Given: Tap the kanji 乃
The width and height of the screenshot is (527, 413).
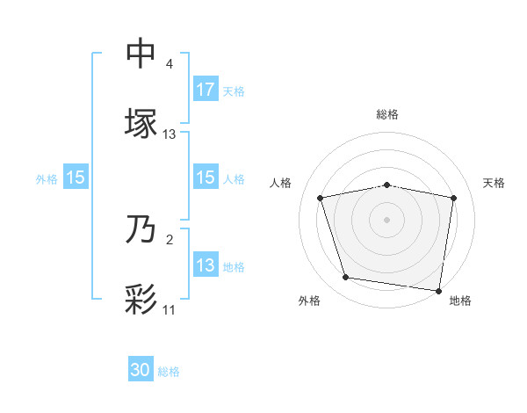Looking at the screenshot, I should (141, 230).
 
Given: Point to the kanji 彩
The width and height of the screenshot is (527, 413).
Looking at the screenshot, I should (141, 299).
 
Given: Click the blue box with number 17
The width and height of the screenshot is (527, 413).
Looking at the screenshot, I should (206, 90).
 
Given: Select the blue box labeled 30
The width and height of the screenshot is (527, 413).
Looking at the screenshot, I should (141, 370).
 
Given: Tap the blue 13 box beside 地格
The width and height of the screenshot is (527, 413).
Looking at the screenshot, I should (206, 265).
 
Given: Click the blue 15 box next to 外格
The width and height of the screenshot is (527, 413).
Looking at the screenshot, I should (76, 178).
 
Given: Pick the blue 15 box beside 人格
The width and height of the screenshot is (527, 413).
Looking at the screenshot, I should (206, 178).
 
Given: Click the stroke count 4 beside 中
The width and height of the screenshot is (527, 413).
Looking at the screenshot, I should (170, 65).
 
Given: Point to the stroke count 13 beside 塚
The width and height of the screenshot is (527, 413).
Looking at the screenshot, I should (170, 134).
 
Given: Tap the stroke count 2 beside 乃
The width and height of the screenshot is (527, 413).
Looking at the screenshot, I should (169, 240).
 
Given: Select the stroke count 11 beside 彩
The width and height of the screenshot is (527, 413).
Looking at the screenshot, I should (169, 310).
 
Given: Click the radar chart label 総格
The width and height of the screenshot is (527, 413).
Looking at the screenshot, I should (387, 114).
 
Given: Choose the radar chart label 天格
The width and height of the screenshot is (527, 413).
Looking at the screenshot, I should (495, 183).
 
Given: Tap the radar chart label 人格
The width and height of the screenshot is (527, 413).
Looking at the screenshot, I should (281, 183).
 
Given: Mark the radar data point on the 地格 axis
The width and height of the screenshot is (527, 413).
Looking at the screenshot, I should (439, 290).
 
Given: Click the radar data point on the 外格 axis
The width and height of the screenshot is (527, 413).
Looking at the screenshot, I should (346, 278).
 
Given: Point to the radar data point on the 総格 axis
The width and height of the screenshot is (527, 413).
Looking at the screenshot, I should (387, 185).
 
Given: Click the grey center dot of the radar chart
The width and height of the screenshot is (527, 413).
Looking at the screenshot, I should (387, 220).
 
